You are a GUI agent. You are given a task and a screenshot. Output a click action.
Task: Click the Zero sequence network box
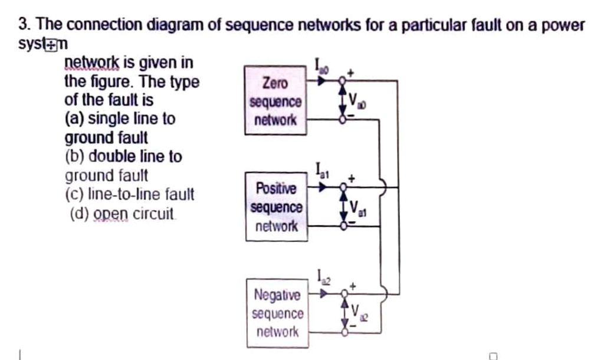tap(275, 102)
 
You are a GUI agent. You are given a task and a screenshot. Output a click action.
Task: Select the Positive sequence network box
tap(276, 207)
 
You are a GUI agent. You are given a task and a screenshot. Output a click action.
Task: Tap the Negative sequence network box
tap(277, 313)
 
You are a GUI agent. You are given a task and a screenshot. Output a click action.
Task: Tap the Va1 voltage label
tap(358, 208)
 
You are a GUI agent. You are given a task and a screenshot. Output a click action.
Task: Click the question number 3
tap(23, 25)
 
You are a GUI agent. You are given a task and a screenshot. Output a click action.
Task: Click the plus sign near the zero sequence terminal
tap(351, 73)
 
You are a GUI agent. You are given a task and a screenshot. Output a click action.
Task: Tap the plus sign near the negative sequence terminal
tap(353, 286)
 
